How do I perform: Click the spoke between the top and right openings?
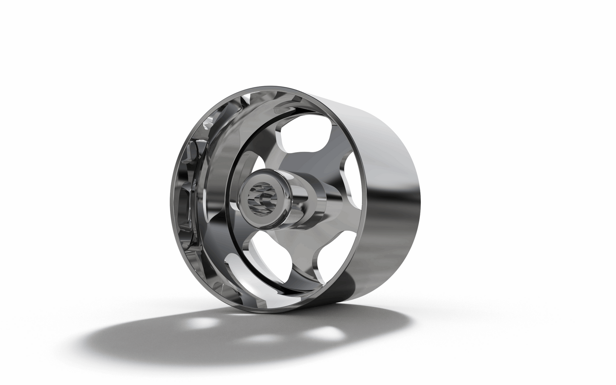337,149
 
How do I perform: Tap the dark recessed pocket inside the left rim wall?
188,200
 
